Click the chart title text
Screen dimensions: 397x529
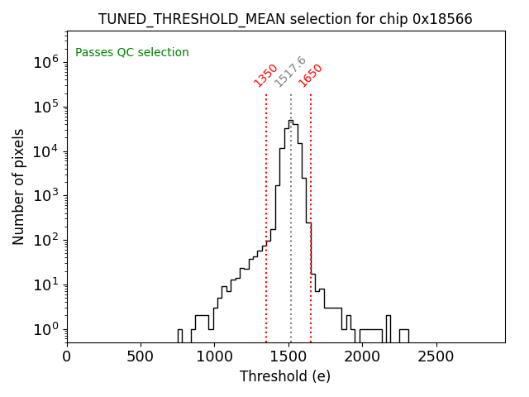(x=285, y=19)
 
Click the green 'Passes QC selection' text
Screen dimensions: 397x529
(x=132, y=52)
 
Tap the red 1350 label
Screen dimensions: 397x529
(x=265, y=75)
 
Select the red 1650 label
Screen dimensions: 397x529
(x=311, y=75)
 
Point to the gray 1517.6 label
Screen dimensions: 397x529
(x=290, y=72)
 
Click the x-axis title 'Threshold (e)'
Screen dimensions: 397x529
(x=285, y=376)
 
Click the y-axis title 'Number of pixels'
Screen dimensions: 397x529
(x=19, y=186)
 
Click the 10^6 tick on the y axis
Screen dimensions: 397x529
(x=45, y=62)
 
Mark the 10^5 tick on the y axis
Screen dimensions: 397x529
(x=45, y=107)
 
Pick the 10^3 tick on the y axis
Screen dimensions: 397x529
(x=45, y=196)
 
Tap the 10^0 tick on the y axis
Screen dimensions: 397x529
(x=45, y=330)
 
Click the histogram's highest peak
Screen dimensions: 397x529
(x=290, y=121)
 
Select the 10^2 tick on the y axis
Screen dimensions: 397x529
(x=45, y=241)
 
